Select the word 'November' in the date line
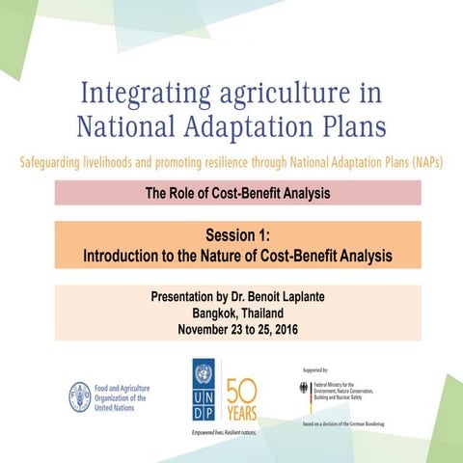pyautogui.click(x=204, y=329)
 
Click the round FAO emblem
pyautogui.click(x=79, y=396)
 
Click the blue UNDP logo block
pyautogui.click(x=204, y=391)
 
